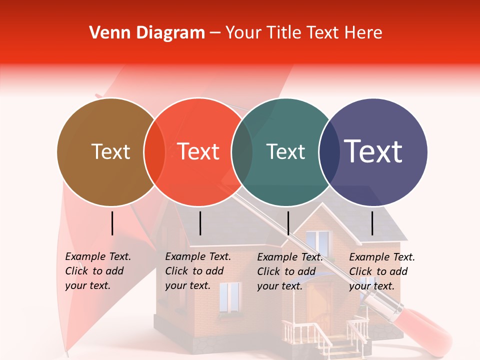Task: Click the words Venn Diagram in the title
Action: pos(147,32)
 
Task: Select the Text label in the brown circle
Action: pos(110,151)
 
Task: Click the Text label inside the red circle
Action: pos(198,151)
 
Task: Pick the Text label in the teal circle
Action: pos(285,151)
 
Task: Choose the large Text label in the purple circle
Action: pos(373,151)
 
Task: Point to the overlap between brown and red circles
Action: pos(154,152)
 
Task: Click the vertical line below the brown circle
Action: pos(112,223)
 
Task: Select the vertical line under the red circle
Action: pos(200,223)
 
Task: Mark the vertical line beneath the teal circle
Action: pos(288,223)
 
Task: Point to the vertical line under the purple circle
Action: pos(372,223)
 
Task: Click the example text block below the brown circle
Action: pos(97,271)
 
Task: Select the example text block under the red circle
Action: pos(197,271)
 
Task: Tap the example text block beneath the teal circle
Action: pos(289,271)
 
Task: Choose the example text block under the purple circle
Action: pos(381,271)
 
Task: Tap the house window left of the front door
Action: pos(229,297)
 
